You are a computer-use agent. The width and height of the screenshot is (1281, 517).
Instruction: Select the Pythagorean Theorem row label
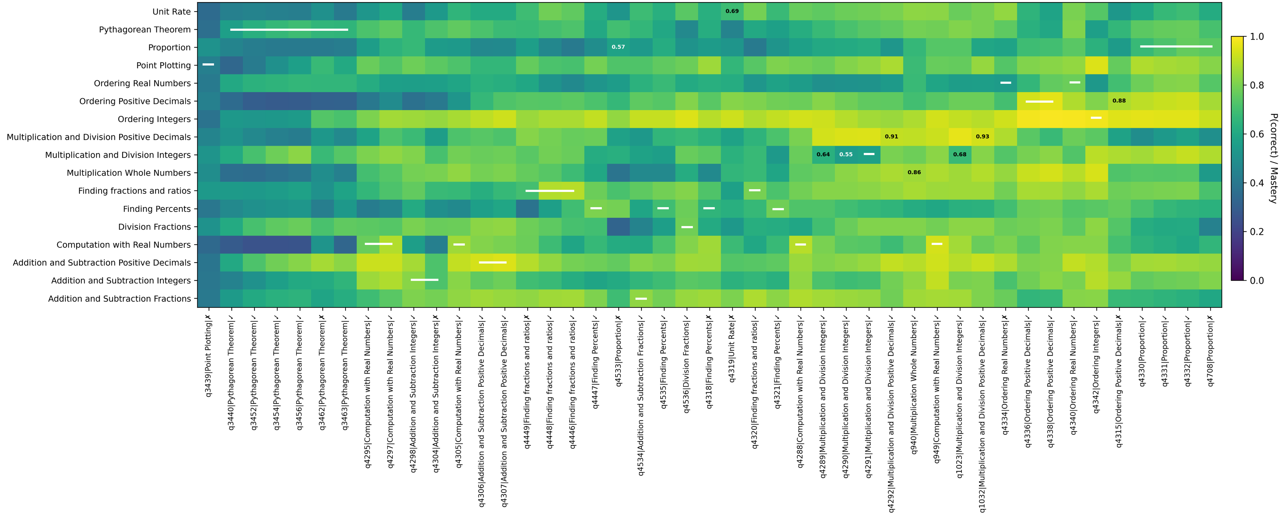(145, 29)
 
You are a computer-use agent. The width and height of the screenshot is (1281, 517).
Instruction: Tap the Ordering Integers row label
(154, 119)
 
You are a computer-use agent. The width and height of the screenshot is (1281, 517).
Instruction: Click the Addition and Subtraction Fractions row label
(119, 299)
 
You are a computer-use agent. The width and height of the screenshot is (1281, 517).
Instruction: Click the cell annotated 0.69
(732, 11)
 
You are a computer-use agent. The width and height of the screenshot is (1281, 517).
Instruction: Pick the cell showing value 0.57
(618, 47)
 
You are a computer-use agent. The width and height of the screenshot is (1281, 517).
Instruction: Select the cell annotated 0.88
(1119, 101)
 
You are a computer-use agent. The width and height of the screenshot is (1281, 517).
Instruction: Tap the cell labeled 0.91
(891, 136)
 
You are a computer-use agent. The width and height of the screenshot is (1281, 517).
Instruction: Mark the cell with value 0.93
(982, 136)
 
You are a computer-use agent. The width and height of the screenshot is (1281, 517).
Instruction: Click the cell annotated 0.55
(846, 154)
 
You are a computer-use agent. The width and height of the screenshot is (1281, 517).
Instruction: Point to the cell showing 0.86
(914, 172)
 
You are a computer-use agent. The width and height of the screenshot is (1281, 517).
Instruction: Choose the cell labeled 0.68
(960, 154)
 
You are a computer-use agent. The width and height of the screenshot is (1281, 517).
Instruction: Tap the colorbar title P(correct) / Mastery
(1273, 158)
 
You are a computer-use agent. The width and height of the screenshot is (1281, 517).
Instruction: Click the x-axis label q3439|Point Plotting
(208, 356)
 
